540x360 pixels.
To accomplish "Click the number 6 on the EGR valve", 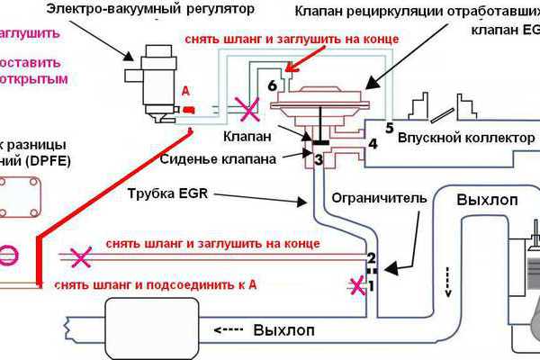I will (x=274, y=85).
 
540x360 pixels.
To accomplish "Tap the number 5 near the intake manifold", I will (x=391, y=126).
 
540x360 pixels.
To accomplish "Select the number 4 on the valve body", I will (x=372, y=142).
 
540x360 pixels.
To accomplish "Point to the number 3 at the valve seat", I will (x=318, y=159).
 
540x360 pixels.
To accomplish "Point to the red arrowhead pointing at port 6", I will (x=288, y=67).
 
